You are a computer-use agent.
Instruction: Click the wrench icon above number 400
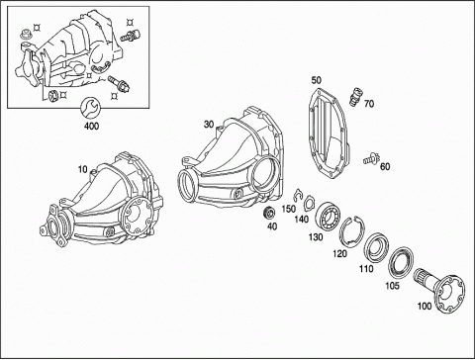[89, 107]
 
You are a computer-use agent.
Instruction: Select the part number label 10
[83, 169]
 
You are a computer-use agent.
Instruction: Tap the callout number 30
[209, 125]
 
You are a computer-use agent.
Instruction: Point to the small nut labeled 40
[269, 213]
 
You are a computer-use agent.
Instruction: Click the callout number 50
[316, 80]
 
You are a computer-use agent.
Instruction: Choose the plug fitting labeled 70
[355, 96]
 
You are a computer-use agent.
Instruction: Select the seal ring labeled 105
[401, 261]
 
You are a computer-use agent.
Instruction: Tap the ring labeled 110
[376, 247]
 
